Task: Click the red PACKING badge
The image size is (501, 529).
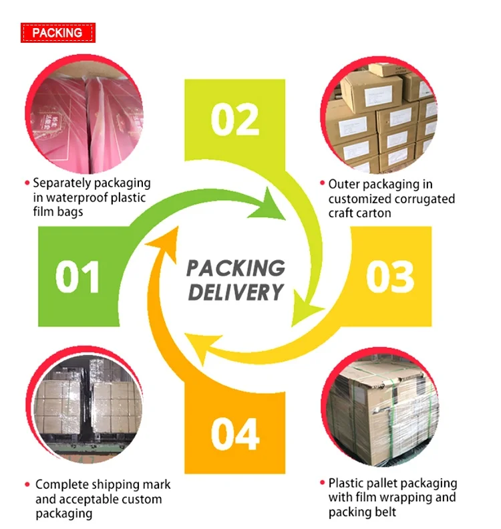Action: tap(57, 32)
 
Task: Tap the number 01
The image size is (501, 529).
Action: tap(77, 277)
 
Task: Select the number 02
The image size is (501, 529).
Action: tap(235, 120)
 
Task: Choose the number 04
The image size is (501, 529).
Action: tap(235, 433)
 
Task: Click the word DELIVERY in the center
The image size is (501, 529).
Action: tap(235, 292)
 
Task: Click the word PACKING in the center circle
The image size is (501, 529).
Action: tap(235, 268)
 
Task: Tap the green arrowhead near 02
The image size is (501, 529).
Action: tap(270, 205)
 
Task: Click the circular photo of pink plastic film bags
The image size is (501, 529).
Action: tap(83, 114)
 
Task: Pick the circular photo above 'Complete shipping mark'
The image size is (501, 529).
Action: tap(83, 404)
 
